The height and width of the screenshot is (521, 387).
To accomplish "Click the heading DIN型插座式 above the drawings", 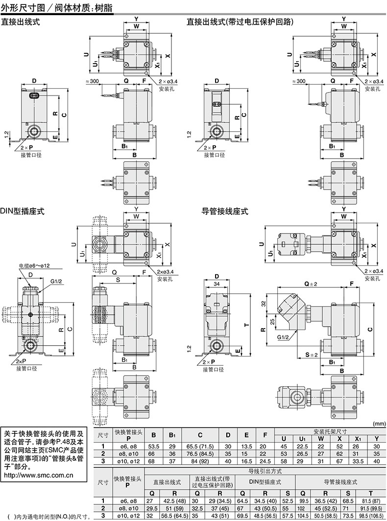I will point(23,212).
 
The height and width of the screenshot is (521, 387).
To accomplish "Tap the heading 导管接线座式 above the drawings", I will point(225,212).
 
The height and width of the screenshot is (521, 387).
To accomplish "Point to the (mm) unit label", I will point(379,424).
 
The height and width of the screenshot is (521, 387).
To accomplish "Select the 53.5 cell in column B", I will point(154,446).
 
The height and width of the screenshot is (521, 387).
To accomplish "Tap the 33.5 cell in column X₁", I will point(358,461).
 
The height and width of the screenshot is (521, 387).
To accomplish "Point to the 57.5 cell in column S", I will point(288,516).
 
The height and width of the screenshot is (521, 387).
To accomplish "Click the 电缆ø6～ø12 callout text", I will point(34,266).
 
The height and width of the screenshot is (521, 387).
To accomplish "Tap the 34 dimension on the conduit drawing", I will point(216,284).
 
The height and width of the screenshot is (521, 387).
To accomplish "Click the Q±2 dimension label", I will point(311,284).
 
